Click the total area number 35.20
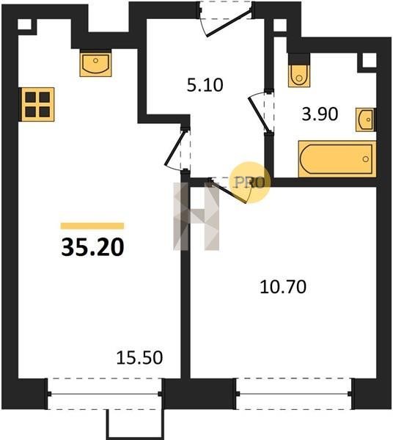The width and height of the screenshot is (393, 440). (92, 247)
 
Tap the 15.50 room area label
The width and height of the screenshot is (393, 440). (139, 358)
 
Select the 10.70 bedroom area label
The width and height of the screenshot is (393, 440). (283, 287)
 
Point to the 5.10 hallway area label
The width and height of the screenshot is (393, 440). (205, 85)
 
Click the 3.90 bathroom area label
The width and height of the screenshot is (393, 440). (320, 114)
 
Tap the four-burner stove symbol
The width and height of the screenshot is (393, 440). (37, 104)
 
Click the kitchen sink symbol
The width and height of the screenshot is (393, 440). (95, 65)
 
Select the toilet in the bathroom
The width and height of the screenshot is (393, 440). (299, 73)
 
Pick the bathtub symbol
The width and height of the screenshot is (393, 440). (337, 159)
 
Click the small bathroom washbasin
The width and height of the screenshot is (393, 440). (366, 120)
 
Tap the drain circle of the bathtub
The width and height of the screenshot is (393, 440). (366, 159)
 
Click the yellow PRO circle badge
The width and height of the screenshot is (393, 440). (250, 183)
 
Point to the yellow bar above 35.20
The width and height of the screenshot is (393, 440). (92, 226)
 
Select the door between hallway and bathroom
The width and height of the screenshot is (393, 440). (261, 111)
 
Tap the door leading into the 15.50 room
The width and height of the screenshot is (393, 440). (177, 148)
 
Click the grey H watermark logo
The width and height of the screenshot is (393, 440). (196, 216)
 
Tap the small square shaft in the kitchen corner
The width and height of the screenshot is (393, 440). (25, 24)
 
